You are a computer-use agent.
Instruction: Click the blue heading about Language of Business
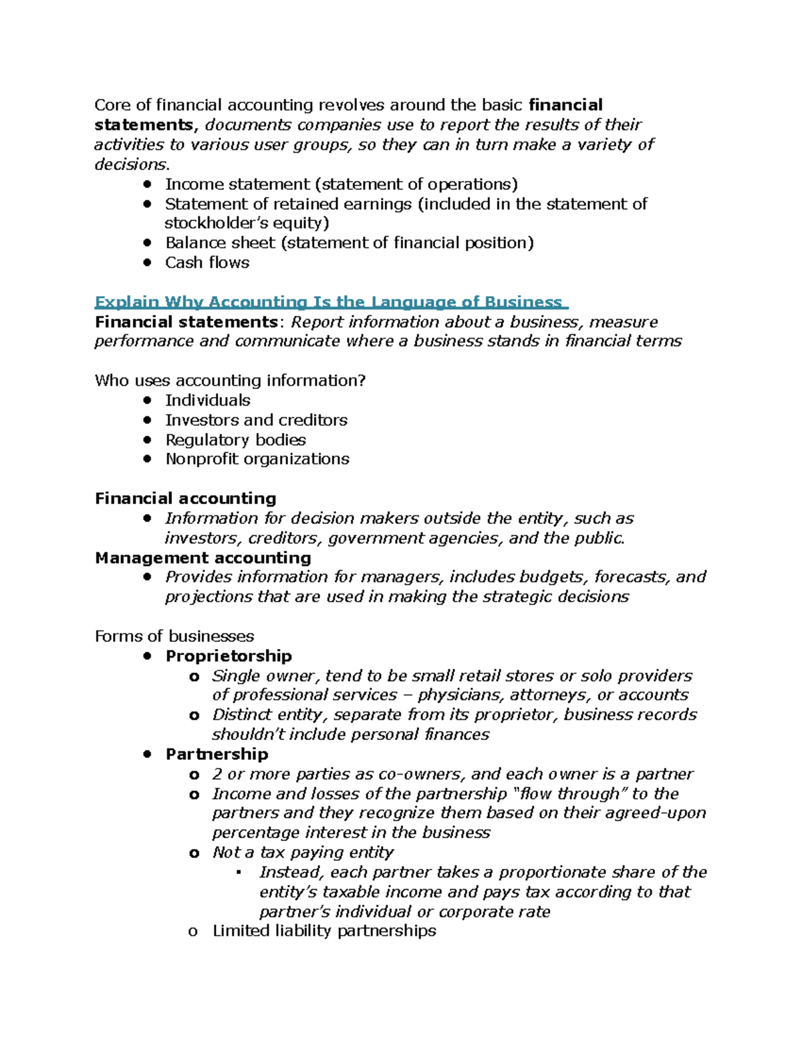click(331, 302)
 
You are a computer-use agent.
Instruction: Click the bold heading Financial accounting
click(185, 499)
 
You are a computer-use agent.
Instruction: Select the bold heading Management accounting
click(203, 558)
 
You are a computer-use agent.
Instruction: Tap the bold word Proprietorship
click(229, 656)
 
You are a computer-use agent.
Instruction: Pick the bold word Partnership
click(217, 755)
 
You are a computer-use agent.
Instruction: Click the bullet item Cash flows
click(207, 263)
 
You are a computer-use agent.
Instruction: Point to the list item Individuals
click(208, 400)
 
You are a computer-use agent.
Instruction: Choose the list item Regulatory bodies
click(235, 440)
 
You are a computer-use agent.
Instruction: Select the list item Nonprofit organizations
click(257, 459)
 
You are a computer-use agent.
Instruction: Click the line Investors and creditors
click(256, 420)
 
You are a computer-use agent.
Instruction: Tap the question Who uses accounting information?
click(230, 381)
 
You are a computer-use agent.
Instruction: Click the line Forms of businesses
click(174, 636)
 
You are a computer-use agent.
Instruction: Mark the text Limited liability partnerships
click(324, 931)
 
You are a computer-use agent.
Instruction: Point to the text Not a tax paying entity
click(303, 853)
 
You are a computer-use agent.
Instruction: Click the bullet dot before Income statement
click(148, 184)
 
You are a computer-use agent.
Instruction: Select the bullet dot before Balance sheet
click(148, 243)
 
